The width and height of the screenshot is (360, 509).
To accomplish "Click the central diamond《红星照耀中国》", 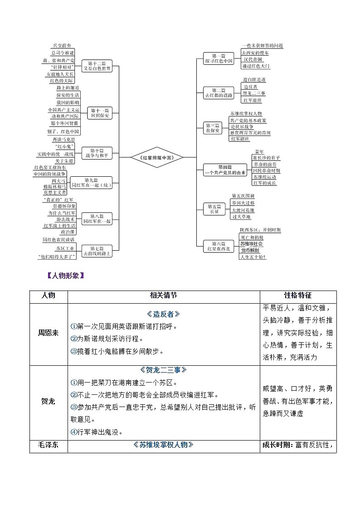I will tap(152, 157).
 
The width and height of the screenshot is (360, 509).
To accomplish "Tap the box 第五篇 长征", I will tap(214, 208).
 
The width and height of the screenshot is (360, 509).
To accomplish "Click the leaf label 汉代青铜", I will tap(252, 59).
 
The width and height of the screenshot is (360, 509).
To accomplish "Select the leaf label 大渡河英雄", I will tap(243, 210).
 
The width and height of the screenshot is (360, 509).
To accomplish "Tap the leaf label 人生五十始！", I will tap(253, 257).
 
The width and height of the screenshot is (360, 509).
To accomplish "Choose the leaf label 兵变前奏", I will tap(62, 46).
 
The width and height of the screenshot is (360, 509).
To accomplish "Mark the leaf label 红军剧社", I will tap(240, 139).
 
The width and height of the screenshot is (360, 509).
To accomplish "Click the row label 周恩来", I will tap(48, 333).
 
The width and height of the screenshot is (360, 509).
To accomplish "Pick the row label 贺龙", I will tap(48, 401).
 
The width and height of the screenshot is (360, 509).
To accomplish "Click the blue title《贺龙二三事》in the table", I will tap(163, 370).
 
